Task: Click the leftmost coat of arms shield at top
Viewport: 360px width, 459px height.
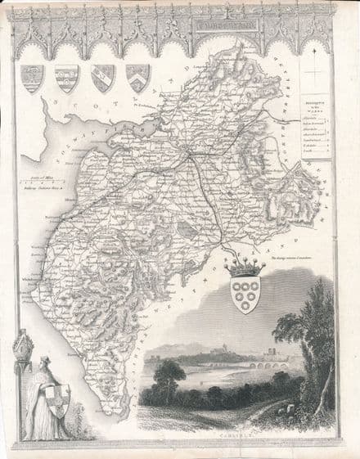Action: click(30, 77)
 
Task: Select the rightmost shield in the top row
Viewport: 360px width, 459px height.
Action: click(137, 77)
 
